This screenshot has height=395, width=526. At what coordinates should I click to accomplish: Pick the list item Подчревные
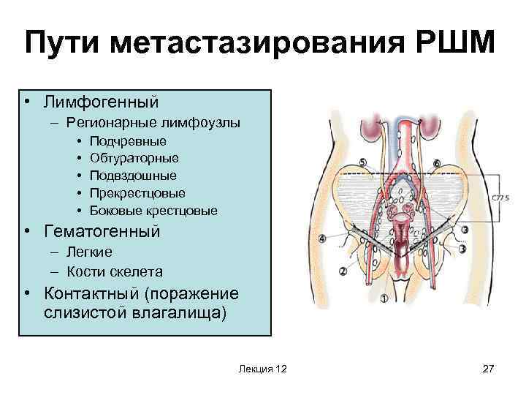128,140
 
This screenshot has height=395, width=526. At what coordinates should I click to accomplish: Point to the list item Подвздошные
133,176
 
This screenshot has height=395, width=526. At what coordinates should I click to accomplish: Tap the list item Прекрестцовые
137,193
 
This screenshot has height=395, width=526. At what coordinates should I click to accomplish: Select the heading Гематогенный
102,232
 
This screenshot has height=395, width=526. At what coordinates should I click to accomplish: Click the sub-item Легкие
89,252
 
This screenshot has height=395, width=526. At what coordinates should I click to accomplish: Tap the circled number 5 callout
363,162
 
